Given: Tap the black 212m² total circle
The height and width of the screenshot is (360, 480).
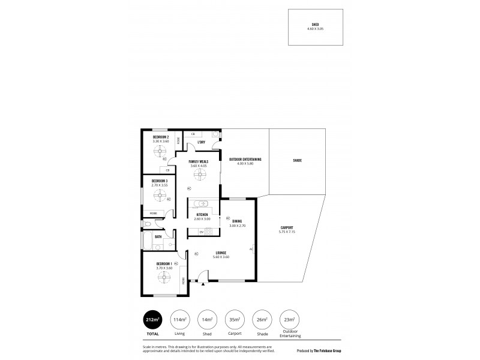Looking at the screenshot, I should click(x=152, y=319).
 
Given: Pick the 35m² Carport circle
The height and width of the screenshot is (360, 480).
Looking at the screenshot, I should click(x=235, y=319).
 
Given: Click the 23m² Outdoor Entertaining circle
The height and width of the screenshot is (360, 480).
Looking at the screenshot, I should click(x=289, y=319).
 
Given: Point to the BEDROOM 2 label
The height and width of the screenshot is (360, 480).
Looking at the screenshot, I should click(x=160, y=137).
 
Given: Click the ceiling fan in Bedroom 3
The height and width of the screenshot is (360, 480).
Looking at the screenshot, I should click(x=160, y=194).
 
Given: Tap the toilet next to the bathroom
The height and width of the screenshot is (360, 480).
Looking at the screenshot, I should click(x=148, y=224).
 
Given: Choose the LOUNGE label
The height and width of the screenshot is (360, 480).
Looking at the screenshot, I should click(x=221, y=253).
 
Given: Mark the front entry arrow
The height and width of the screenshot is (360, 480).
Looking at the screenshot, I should click(x=203, y=284).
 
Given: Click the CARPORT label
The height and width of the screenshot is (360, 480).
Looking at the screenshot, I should click(x=287, y=227).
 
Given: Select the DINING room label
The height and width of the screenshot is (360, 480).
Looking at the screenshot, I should click(x=237, y=221).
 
